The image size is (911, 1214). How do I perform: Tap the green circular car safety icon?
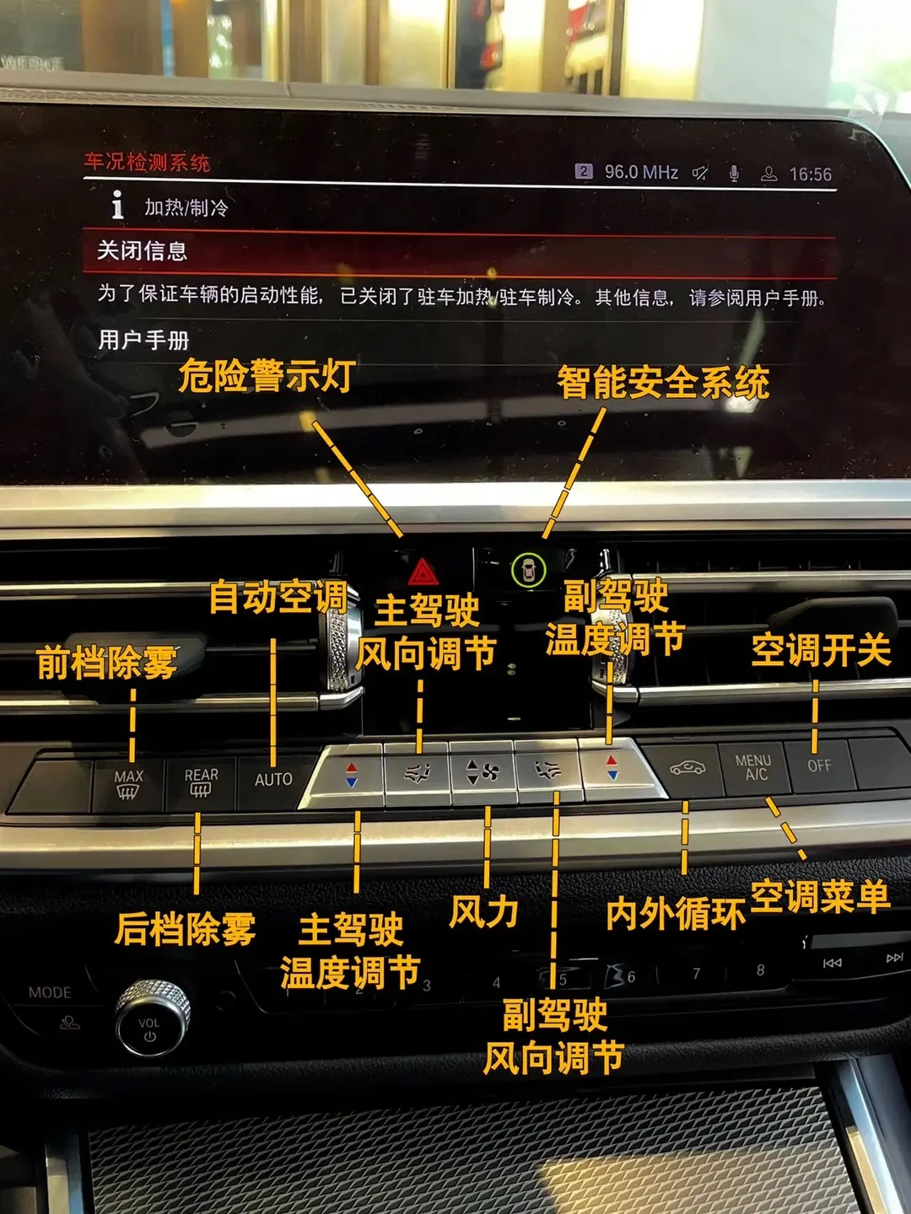[x=528, y=571]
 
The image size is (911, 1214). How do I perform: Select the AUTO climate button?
[x=273, y=780]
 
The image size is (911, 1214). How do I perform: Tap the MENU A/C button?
[x=753, y=767]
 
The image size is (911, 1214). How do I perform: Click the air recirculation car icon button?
[x=687, y=768]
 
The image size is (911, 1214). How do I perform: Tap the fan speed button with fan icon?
[x=482, y=771]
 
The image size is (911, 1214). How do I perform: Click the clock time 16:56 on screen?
[x=810, y=175]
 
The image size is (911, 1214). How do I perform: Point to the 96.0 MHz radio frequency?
[x=641, y=172]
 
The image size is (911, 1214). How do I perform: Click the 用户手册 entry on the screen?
[x=143, y=341]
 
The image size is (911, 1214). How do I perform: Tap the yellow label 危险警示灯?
[x=266, y=376]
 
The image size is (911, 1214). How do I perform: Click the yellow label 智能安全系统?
[x=663, y=383]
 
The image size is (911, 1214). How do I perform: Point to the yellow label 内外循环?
[x=676, y=913]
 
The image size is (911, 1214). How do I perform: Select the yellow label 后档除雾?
[x=186, y=929]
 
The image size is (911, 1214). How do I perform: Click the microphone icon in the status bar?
[x=734, y=174]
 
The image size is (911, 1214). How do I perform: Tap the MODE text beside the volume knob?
[x=50, y=993]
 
